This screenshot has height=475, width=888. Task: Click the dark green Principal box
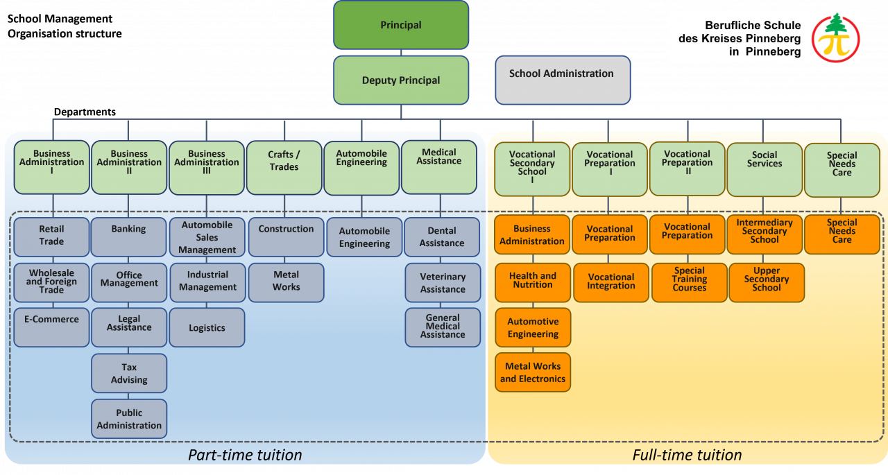[x=401, y=26]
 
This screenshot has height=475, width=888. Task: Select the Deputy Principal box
[x=401, y=80]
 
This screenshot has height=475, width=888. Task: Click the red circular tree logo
[x=835, y=38]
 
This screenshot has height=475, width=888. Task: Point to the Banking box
[x=129, y=236]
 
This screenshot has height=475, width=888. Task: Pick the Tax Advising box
[x=129, y=373]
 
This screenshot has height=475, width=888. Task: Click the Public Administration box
[x=129, y=418]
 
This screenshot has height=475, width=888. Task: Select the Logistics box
[x=207, y=327]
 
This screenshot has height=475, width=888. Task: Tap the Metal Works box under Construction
[x=286, y=282]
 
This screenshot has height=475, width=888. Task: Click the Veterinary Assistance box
[x=443, y=282]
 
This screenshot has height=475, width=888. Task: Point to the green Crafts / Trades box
[x=284, y=167]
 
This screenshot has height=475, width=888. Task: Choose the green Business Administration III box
[x=207, y=167]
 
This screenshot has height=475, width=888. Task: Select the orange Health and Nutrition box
[x=533, y=281]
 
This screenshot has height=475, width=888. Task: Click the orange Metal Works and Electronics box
[x=533, y=372]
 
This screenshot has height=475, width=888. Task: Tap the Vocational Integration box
[x=610, y=282]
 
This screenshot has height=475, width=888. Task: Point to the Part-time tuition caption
[x=245, y=455]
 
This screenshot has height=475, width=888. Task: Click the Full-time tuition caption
[x=687, y=455]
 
